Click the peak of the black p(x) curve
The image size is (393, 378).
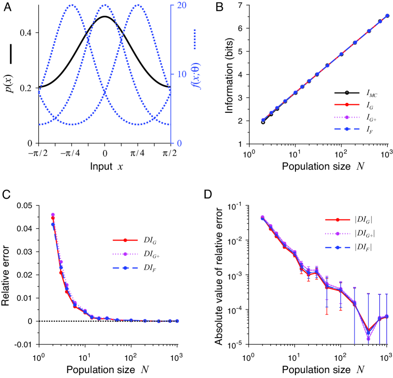click(105, 16)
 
